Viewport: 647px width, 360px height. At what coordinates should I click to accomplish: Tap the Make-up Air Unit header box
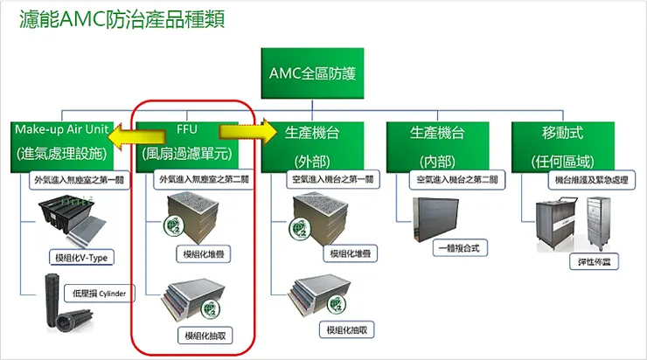pos(61,142)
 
